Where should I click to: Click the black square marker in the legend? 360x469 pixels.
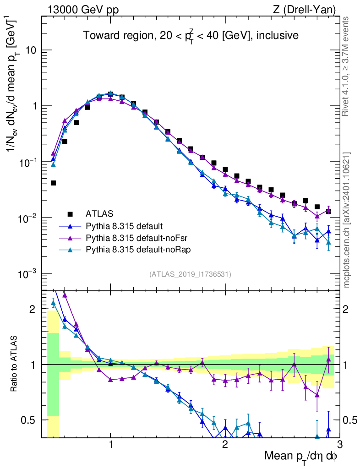click(70, 213)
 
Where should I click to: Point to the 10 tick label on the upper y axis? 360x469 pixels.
click(32, 50)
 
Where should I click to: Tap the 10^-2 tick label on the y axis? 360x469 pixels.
click(28, 218)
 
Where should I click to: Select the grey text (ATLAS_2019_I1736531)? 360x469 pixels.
click(190, 274)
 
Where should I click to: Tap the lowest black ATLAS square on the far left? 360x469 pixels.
click(53, 183)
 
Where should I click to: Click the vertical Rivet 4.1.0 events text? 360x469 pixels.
click(346, 66)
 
